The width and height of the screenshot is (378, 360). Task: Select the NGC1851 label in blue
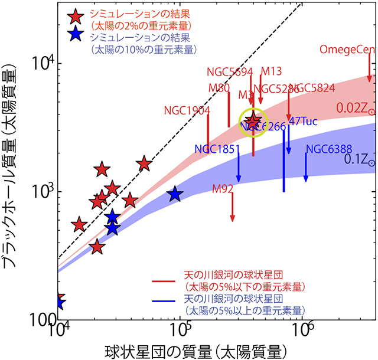216,149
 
